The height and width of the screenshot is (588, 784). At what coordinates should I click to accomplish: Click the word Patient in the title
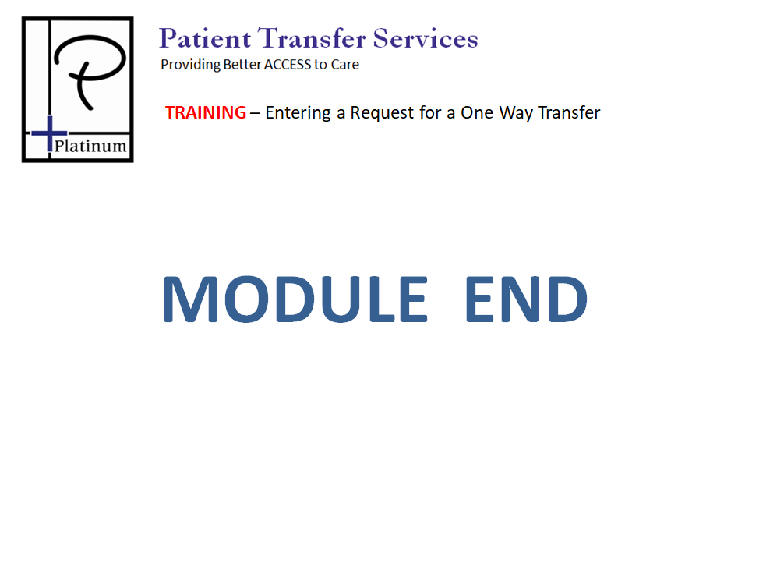[x=205, y=38]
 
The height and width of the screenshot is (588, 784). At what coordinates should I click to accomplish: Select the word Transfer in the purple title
[x=312, y=38]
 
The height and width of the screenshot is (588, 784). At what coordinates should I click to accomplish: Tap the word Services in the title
[x=426, y=38]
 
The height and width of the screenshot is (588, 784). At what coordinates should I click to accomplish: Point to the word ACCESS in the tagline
[x=288, y=65]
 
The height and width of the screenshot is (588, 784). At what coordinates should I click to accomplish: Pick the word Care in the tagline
[x=345, y=65]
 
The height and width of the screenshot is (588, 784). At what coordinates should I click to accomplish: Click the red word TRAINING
[x=206, y=112]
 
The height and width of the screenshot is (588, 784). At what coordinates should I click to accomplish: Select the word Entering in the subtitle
[x=298, y=113]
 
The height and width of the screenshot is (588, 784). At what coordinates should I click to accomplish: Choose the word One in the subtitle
[x=477, y=112]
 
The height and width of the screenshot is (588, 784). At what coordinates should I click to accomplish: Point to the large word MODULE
[x=295, y=299]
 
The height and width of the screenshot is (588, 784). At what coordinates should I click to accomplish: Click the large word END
[x=527, y=299]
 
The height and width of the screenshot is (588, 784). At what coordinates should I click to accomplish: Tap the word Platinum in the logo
[x=90, y=146]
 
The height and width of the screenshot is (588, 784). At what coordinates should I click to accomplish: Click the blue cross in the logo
[x=50, y=133]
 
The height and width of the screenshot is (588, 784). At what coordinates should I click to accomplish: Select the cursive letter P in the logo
[x=90, y=71]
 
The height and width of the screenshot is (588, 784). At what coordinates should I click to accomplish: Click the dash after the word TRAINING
[x=255, y=114]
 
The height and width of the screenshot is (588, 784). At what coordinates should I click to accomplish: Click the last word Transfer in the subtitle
[x=569, y=112]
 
